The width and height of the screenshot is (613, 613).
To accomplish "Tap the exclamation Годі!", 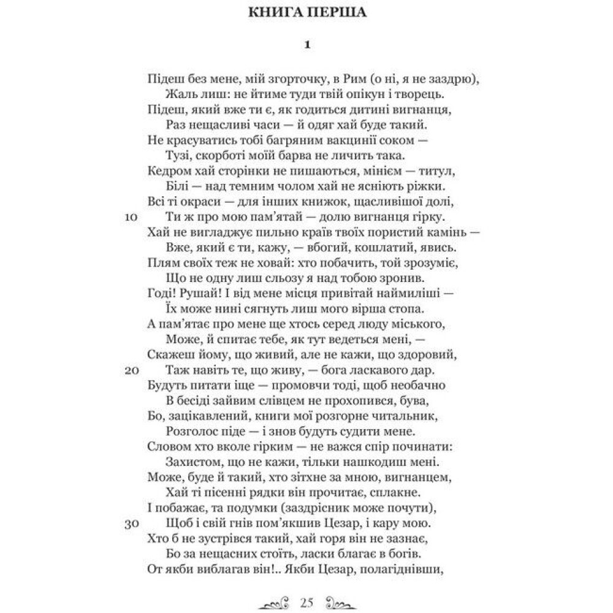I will (x=163, y=294).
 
